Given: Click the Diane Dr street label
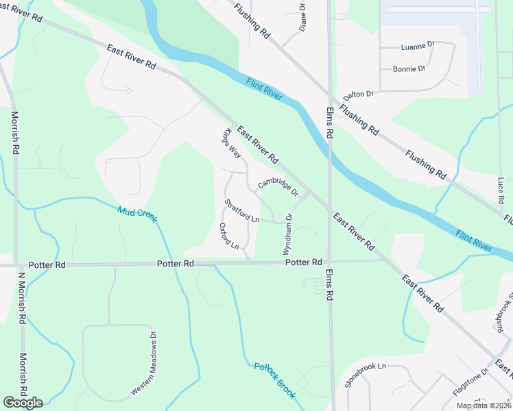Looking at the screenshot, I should click(x=302, y=17).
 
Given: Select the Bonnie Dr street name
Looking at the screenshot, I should click(x=409, y=69).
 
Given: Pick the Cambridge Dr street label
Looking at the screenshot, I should click(x=278, y=184).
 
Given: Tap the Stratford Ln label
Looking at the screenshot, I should click(x=242, y=211).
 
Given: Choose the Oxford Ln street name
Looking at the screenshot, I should click(x=228, y=236).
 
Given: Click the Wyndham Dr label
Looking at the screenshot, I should click(x=289, y=234).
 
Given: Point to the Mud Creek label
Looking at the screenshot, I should click(x=137, y=214).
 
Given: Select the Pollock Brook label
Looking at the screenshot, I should click(x=274, y=380).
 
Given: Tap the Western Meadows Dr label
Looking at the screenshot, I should click(x=145, y=364).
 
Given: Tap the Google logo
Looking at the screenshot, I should click(x=22, y=403).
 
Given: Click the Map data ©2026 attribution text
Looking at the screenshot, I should click(x=483, y=406).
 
